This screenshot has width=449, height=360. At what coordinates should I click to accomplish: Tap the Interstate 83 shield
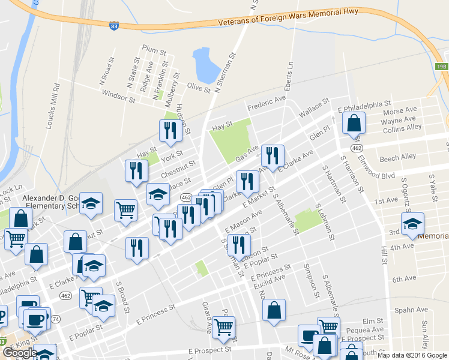pyautogui.click(x=115, y=26)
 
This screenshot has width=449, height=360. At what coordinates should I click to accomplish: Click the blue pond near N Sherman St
pyautogui.click(x=204, y=65)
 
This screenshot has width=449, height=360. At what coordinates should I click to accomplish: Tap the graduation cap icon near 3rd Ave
pyautogui.click(x=412, y=224)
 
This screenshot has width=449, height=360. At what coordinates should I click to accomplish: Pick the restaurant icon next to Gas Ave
pyautogui.click(x=273, y=155)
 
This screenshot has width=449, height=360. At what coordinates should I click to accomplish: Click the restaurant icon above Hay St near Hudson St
pyautogui.click(x=170, y=130)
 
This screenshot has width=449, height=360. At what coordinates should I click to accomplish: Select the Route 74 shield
pyautogui.click(x=55, y=319)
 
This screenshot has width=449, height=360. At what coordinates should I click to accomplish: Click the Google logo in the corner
pyautogui.click(x=19, y=353)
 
